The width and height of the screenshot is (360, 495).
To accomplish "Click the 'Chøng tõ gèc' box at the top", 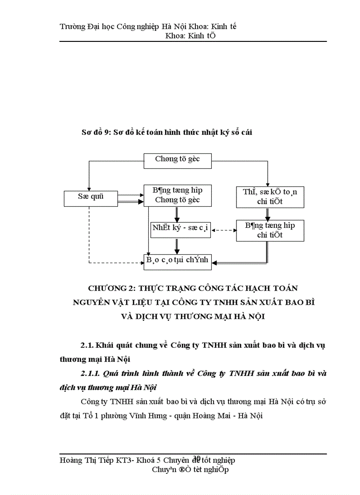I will [x=178, y=160].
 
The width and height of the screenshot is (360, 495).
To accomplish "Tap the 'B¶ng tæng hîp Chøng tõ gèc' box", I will [x=178, y=195].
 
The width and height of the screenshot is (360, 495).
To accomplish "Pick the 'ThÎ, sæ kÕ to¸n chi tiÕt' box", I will [x=270, y=197].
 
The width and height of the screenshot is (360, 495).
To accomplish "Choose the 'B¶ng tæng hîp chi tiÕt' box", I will [x=270, y=230].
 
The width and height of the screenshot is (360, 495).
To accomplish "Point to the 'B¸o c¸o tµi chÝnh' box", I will [x=178, y=261].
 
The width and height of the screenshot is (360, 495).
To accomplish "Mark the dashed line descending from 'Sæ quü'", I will [x=89, y=234].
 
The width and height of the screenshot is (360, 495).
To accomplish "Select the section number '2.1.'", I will [x=87, y=345].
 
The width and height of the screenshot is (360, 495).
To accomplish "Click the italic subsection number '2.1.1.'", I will [x=90, y=373].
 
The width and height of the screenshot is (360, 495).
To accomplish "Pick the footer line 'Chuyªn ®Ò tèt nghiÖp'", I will [x=190, y=470].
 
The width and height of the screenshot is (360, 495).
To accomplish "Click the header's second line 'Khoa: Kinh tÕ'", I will [x=190, y=36].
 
